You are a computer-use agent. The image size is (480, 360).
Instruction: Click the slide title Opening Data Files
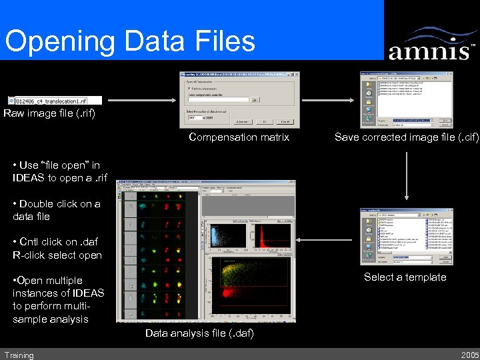[x=130, y=41]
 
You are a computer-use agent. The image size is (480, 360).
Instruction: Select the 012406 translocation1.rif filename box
[x=55, y=100]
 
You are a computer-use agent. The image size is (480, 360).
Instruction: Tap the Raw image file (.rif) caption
[x=49, y=113]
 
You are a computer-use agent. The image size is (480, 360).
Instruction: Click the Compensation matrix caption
[x=239, y=137]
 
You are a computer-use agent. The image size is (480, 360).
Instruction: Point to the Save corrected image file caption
[x=406, y=137]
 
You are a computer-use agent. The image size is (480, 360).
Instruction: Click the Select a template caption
[x=405, y=277]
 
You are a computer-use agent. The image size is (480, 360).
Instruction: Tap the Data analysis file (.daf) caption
[x=199, y=333]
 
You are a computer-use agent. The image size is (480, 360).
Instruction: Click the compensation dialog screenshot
[x=239, y=99]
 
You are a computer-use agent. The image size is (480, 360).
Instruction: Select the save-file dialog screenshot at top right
[x=406, y=99]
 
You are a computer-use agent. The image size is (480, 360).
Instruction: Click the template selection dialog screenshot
[x=406, y=237]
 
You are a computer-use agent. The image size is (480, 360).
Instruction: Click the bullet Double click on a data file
[x=57, y=210]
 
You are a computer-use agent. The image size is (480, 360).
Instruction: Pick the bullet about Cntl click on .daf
[x=57, y=248]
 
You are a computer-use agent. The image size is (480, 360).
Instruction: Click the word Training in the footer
[x=19, y=355]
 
